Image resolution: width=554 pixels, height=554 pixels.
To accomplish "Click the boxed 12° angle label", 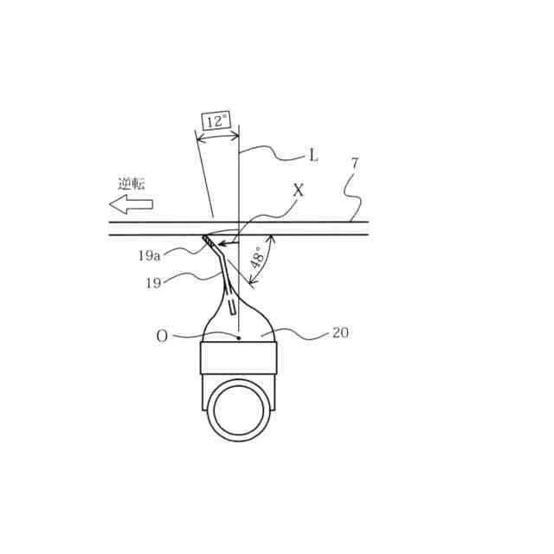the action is pyautogui.click(x=216, y=121).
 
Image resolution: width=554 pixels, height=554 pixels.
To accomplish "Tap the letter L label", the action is pyautogui.click(x=313, y=156).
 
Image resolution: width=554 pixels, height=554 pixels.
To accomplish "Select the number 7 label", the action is pyautogui.click(x=353, y=163).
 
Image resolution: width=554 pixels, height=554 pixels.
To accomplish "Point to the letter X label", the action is pyautogui.click(x=299, y=190).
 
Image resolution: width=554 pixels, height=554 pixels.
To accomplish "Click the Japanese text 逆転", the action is pyautogui.click(x=132, y=184).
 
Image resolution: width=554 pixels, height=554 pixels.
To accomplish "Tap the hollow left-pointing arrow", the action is pyautogui.click(x=131, y=204).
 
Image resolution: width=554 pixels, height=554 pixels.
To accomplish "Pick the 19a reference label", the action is pyautogui.click(x=150, y=255).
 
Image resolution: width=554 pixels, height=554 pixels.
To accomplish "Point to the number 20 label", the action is pyautogui.click(x=340, y=332).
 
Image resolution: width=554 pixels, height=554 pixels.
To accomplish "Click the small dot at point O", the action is pyautogui.click(x=239, y=338).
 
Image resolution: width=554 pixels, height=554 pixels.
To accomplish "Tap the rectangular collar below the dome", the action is pyautogui.click(x=239, y=358).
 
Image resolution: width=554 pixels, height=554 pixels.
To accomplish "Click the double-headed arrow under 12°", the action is pyautogui.click(x=217, y=136).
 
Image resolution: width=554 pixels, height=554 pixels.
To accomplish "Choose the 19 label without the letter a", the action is pyautogui.click(x=153, y=283).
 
